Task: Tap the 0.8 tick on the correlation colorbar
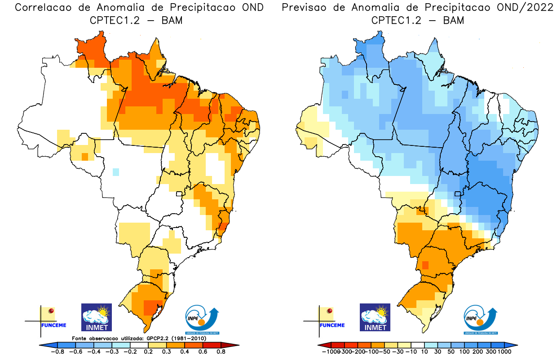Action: pyautogui.click(x=220, y=352)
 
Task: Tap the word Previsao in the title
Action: pyautogui.click(x=310, y=8)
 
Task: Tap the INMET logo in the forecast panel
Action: pyautogui.click(x=375, y=317)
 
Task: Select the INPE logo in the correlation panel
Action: pyautogui.click(x=202, y=320)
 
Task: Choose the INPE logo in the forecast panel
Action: pyautogui.click(x=481, y=320)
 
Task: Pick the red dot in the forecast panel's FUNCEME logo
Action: pyautogui.click(x=330, y=311)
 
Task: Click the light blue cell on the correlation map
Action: pyautogui.click(x=116, y=171)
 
